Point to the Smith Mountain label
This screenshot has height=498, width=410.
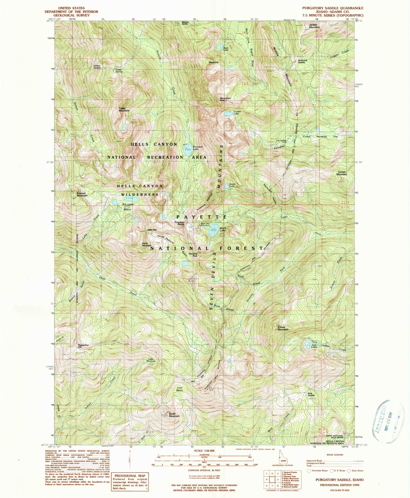point(174,415)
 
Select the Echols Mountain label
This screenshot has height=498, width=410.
point(283,328)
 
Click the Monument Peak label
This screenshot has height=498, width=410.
point(226,99)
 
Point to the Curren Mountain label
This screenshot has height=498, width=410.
point(342,173)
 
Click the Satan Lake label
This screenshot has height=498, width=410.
point(232,185)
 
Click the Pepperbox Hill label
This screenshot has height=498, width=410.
point(83,346)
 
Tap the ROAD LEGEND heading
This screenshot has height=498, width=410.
point(335,455)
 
